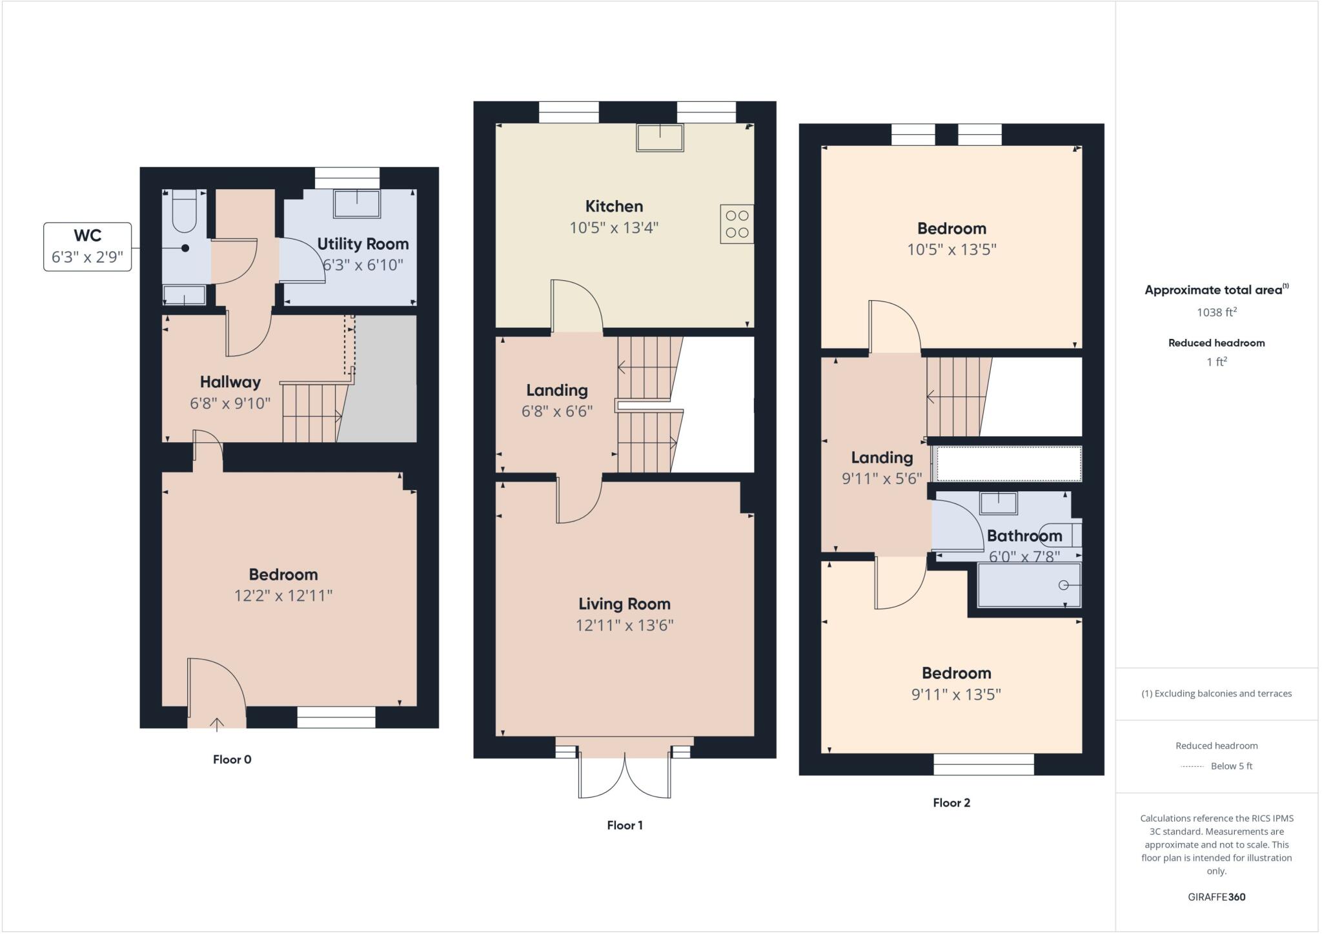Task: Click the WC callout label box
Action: point(87,247)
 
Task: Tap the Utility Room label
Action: point(363,244)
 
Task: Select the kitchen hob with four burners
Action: point(737,224)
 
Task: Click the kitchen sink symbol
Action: point(660,137)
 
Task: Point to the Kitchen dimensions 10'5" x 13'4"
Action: point(613,228)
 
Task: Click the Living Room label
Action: point(624,604)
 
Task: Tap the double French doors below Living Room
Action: point(624,775)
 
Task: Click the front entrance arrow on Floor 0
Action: point(217,724)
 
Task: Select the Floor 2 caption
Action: point(951,803)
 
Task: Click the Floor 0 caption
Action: point(232,760)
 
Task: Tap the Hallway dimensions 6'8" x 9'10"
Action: point(230,403)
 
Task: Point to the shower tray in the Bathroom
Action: point(1029,585)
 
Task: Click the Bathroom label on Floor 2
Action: point(1024,536)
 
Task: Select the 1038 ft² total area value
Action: point(1216,312)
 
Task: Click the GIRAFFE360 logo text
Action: point(1216,897)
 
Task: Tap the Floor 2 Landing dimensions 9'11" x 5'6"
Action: point(882,478)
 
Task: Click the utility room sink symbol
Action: point(356,204)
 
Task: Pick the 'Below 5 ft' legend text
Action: point(1231,766)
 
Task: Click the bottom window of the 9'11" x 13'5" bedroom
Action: point(983,765)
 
